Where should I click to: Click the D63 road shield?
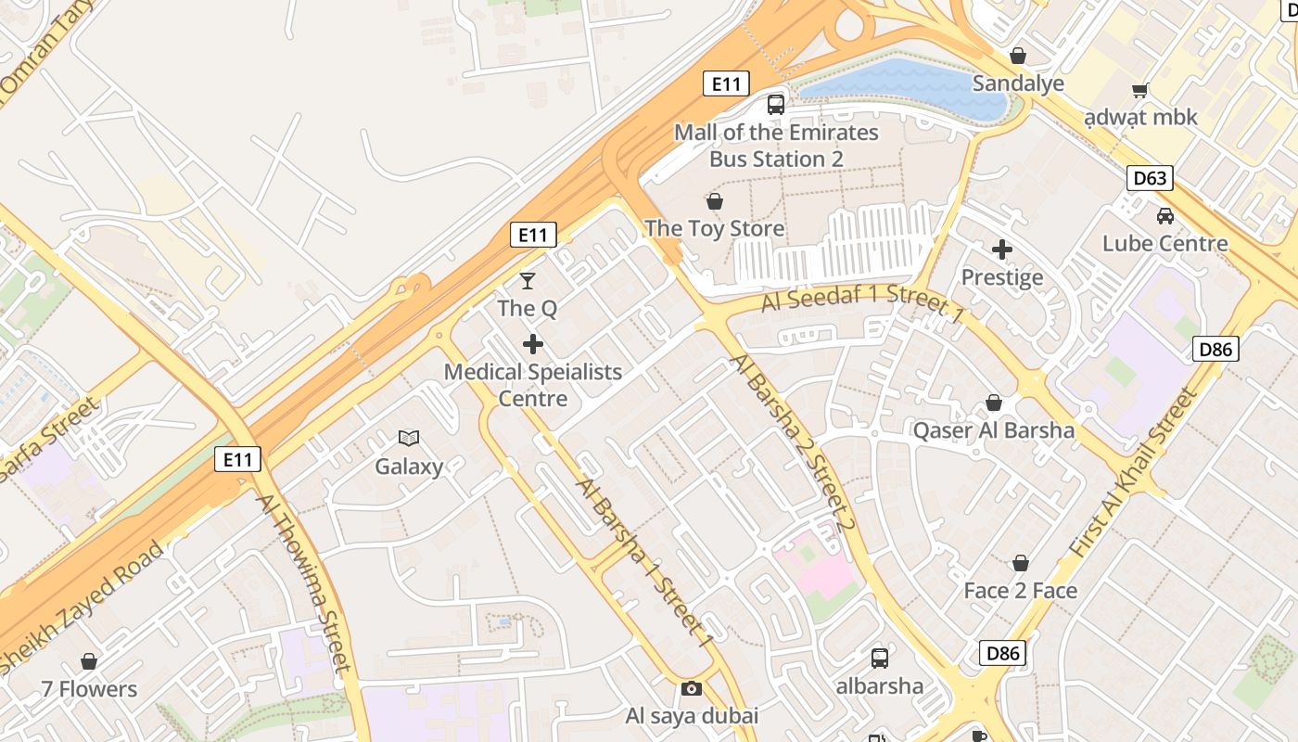pos(1150,178)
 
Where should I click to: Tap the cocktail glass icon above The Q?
pos(528,280)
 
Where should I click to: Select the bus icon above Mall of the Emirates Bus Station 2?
pos(776,105)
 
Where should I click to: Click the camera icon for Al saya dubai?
pos(691,688)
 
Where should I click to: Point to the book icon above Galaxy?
pos(409,438)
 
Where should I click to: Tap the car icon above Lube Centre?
pos(1165,216)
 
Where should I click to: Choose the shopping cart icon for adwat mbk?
pos(1140,90)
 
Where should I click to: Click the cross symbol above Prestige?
pos(1002,249)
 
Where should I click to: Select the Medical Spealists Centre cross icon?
pos(533,345)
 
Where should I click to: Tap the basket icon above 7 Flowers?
pos(89,661)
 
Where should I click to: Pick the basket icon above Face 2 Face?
pos(1021,563)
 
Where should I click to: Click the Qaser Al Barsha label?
pos(994,430)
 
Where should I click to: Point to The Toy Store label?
pos(714,228)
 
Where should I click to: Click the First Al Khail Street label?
pos(1133,473)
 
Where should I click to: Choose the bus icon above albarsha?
pos(880,659)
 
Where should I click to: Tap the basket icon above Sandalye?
pos(1018,56)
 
